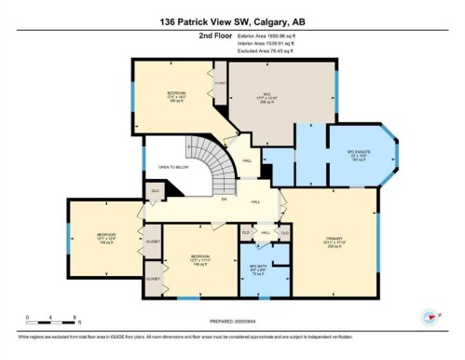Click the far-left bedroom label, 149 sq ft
(104, 237)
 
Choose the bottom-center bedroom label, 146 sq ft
(198, 258)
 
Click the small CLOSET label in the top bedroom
(220, 81)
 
